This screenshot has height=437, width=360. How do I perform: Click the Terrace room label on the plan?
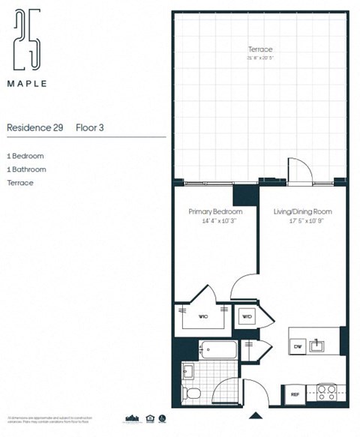tap(259, 50)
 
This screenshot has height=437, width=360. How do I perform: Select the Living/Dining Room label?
tap(302, 212)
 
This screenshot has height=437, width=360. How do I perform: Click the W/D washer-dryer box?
tap(247, 317)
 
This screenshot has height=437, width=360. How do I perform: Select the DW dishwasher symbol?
tap(297, 346)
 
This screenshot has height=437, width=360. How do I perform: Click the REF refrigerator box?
tap(295, 393)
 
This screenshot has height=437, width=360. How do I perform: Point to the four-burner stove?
tap(325, 391)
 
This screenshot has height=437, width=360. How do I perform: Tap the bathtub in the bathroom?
tap(218, 350)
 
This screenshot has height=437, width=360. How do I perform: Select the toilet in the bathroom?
tap(193, 393)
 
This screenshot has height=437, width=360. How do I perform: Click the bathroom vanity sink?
tap(187, 370)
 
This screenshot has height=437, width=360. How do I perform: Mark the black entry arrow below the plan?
tap(256, 415)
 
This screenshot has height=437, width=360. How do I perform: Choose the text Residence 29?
tap(34, 128)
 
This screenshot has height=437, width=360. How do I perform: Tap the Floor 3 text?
tap(90, 128)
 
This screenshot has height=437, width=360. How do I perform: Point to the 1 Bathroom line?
tap(26, 169)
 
